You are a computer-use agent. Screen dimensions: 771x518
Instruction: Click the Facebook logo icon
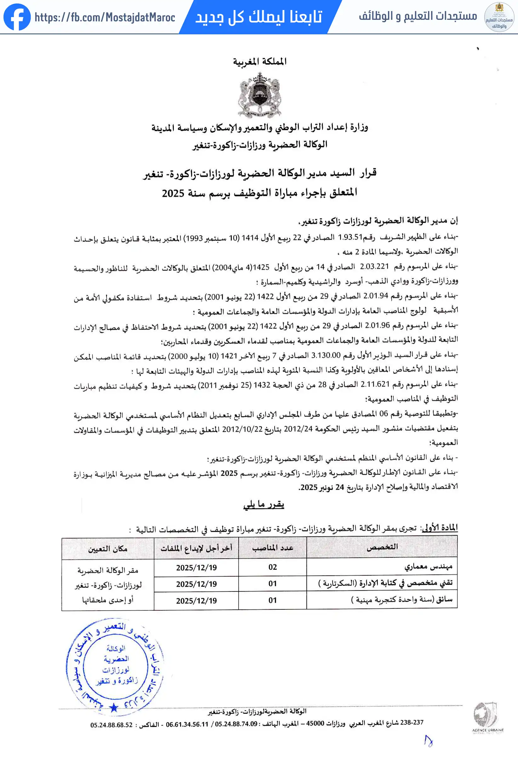[x=17, y=17]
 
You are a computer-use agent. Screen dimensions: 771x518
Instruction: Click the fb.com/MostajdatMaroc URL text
[x=105, y=17]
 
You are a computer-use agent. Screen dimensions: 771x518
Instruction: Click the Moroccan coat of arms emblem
[x=260, y=95]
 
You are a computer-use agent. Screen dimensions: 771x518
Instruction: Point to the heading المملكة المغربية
[x=260, y=61]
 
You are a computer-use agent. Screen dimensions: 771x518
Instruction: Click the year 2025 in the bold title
[x=173, y=193]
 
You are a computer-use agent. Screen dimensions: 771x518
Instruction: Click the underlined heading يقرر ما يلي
[x=264, y=505]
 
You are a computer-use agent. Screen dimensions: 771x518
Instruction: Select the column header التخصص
[x=382, y=547]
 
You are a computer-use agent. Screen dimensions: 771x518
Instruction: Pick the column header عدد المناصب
[x=273, y=548]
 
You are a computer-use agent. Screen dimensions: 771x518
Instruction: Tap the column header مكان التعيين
[x=108, y=549]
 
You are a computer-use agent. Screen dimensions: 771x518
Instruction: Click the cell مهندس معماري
[x=428, y=567]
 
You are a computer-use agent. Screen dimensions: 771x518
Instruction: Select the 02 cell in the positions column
[x=273, y=567]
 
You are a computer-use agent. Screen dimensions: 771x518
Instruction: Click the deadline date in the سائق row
[x=196, y=601]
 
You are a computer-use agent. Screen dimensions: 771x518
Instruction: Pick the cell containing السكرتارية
[x=385, y=583]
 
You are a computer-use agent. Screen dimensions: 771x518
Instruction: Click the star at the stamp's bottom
[x=114, y=708]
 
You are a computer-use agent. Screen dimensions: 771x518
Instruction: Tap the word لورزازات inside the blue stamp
[x=116, y=670]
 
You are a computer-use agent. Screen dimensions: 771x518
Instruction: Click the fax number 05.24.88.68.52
[x=111, y=725]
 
